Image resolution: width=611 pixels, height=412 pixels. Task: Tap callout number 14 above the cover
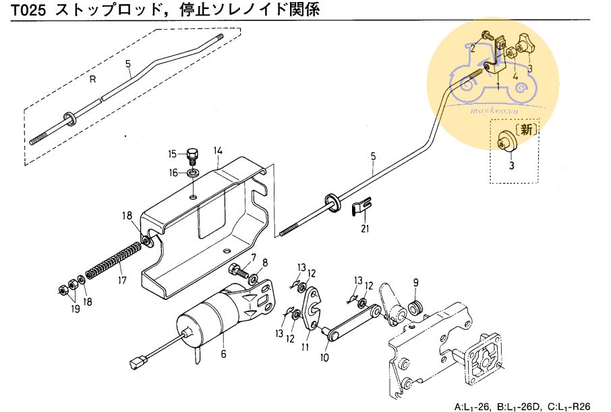218,151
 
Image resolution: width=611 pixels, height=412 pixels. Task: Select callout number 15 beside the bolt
173,153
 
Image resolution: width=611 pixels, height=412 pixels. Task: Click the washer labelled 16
193,174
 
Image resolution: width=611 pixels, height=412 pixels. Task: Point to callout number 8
264,263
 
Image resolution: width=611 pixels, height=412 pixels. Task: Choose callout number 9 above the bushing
416,282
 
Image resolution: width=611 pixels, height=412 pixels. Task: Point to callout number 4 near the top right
515,76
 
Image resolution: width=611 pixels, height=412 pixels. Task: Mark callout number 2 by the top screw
473,48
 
